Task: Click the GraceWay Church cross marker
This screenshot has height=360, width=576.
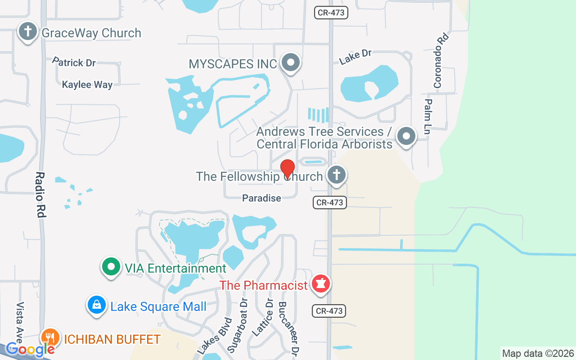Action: (x=28, y=32)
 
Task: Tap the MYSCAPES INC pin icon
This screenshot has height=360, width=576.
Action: (x=291, y=63)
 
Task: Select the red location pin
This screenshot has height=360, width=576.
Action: (x=288, y=169)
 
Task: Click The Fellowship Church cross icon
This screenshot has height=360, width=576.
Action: (x=336, y=174)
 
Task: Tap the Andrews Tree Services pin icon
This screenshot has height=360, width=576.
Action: (x=407, y=135)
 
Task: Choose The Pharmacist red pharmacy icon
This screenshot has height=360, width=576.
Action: (x=321, y=284)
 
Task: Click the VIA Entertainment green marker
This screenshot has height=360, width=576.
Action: (x=111, y=267)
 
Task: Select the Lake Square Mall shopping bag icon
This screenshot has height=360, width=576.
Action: (x=97, y=306)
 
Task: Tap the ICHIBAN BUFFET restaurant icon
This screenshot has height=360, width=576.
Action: (x=50, y=337)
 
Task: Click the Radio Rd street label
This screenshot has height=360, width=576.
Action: (x=40, y=195)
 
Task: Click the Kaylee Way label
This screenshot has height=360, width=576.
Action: (x=87, y=85)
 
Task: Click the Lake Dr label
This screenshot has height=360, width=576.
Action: (x=355, y=56)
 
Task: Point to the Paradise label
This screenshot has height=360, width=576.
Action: (x=261, y=198)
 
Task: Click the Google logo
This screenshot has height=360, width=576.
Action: (x=30, y=349)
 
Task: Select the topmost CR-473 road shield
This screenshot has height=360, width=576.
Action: (x=331, y=13)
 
